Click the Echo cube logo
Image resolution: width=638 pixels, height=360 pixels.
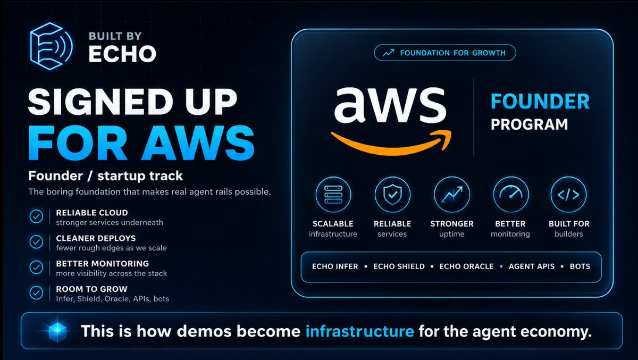tap(51, 46)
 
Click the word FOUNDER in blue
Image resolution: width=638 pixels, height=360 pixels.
tap(540, 102)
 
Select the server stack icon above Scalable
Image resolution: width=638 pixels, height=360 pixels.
tap(333, 195)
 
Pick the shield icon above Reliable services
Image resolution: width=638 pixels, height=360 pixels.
tap(392, 195)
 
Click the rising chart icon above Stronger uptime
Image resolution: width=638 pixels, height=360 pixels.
tap(452, 195)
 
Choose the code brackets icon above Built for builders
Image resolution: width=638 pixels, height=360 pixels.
tap(568, 195)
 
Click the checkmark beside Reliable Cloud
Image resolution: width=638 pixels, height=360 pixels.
tap(36, 216)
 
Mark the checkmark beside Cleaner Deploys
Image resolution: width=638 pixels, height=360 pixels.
tap(36, 242)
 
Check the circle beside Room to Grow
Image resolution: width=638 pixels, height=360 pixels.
tap(36, 293)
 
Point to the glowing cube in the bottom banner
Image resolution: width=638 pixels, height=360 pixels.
tap(57, 331)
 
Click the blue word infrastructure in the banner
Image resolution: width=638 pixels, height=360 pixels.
tap(360, 331)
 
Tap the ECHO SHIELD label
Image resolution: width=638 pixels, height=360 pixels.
tap(399, 266)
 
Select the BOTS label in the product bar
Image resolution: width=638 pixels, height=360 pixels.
tap(580, 266)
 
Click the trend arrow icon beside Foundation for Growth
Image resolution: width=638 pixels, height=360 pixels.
tap(388, 53)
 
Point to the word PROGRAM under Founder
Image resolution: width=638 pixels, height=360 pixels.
tap(529, 124)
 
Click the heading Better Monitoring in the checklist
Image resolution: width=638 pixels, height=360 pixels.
tap(102, 263)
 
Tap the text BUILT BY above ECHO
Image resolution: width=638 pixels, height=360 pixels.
tap(115, 36)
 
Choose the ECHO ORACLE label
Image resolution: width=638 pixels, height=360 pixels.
tap(467, 266)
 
